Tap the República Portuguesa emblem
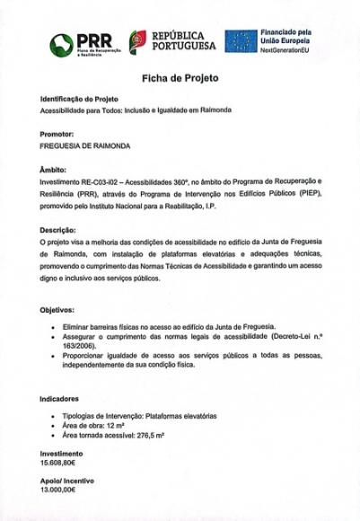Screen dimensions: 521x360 (x=137, y=40)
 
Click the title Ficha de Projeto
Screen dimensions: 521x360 (x=180, y=79)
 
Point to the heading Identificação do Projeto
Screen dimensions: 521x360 (x=79, y=98)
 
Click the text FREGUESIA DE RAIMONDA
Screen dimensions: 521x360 (x=85, y=145)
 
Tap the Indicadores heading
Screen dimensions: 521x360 (x=59, y=397)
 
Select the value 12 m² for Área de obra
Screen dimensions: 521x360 (x=116, y=426)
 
